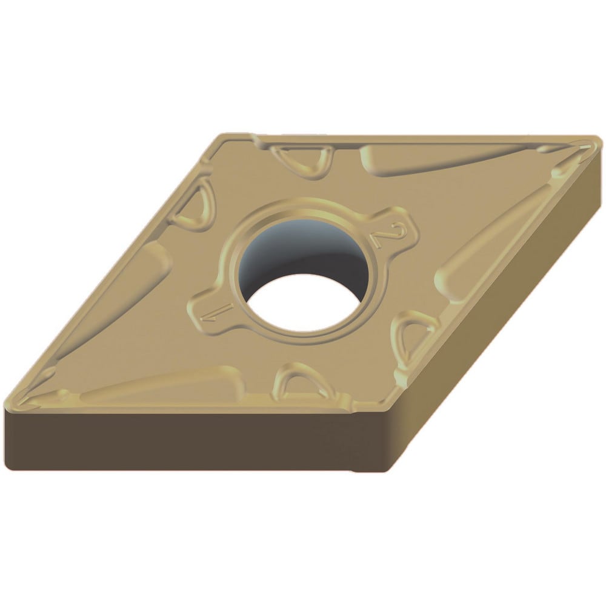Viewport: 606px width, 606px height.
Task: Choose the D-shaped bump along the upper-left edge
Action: (192, 204)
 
